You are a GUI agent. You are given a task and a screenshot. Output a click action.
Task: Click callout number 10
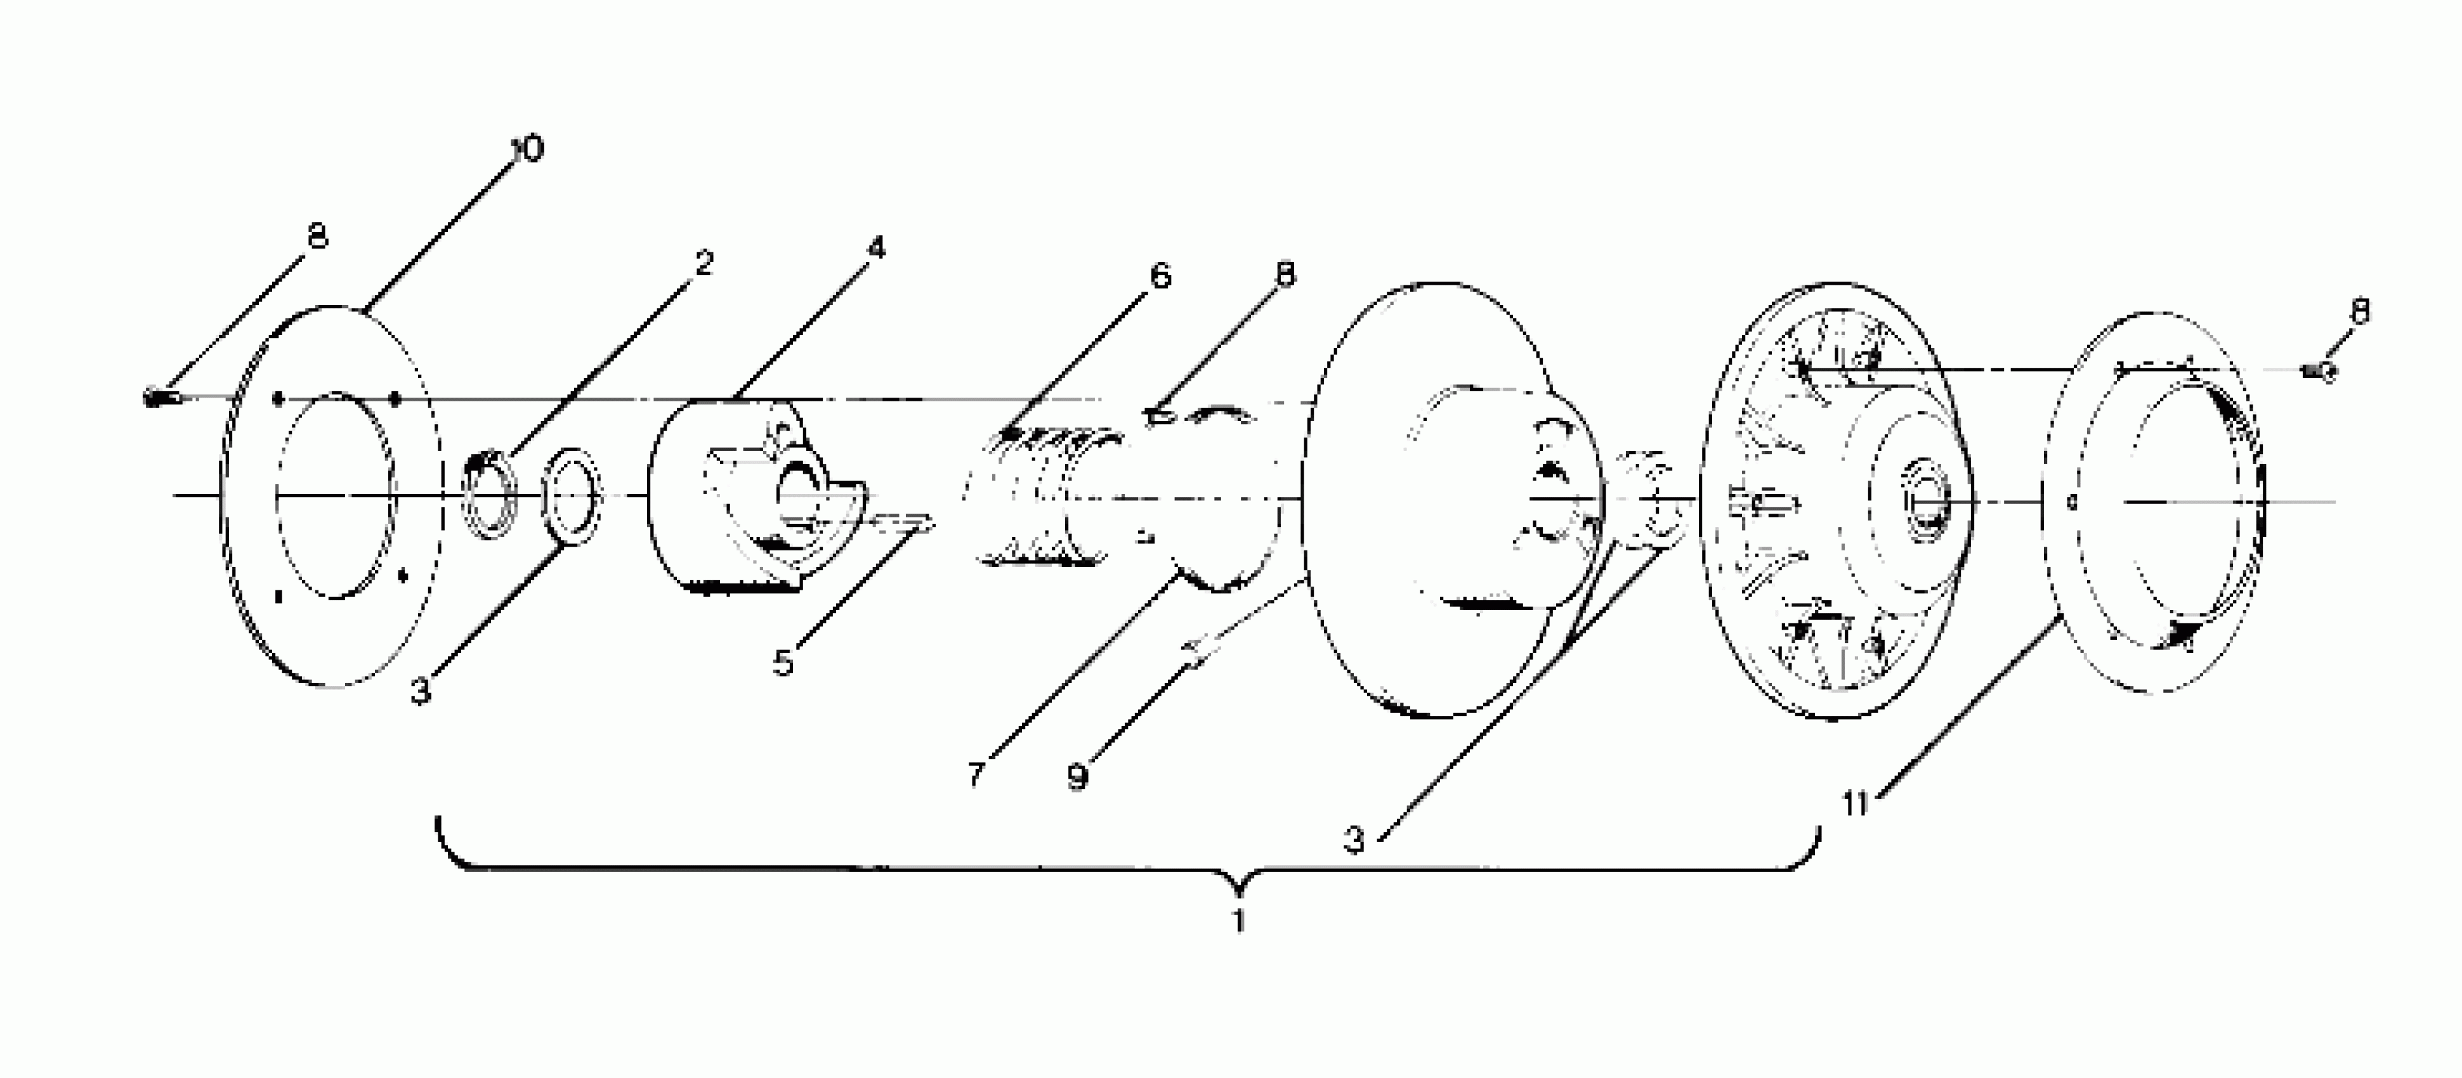(527, 149)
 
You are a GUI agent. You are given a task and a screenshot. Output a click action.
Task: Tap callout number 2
(704, 263)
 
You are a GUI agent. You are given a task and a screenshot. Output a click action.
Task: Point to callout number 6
(1160, 277)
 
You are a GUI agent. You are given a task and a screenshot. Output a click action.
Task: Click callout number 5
(783, 662)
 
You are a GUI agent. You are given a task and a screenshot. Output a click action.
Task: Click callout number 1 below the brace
(1239, 921)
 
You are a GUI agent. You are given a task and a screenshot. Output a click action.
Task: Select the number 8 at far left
(317, 235)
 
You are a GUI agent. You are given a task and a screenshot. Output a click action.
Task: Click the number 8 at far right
(2359, 311)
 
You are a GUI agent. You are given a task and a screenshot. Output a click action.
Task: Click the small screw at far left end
(157, 396)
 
